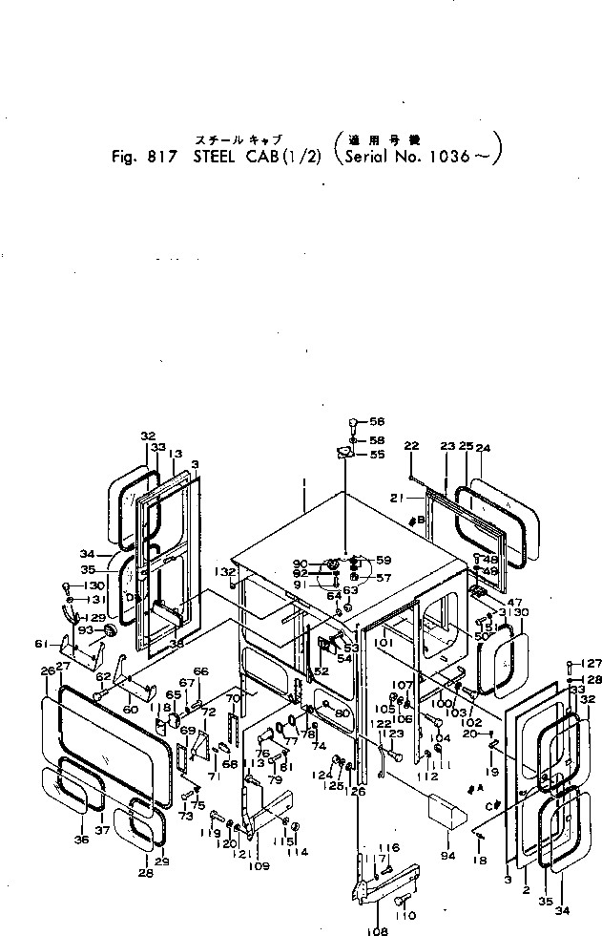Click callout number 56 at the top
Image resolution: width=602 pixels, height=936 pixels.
pyautogui.click(x=377, y=421)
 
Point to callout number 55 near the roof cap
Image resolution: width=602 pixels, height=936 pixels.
pyautogui.click(x=377, y=455)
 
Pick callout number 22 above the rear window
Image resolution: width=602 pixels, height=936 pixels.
pyautogui.click(x=411, y=446)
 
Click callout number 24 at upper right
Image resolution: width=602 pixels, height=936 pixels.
pyautogui.click(x=483, y=446)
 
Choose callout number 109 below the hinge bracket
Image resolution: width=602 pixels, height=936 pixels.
pyautogui.click(x=259, y=866)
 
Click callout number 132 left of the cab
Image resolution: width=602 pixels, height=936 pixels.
pyautogui.click(x=224, y=571)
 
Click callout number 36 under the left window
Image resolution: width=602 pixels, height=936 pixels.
pyautogui.click(x=81, y=840)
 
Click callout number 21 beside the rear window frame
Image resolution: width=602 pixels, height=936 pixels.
pyautogui.click(x=397, y=498)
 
